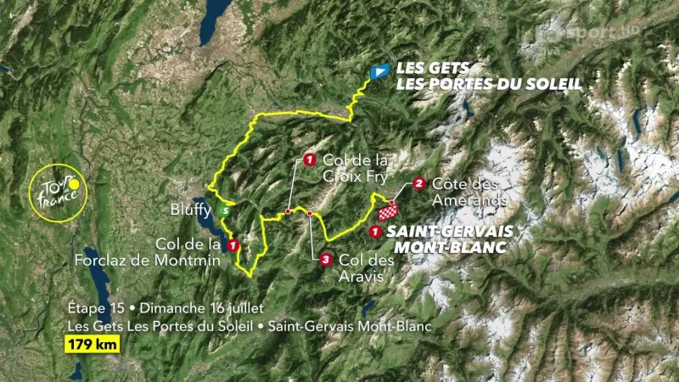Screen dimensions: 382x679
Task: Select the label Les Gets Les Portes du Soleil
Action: (489, 76)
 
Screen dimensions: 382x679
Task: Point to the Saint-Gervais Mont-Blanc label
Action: (443, 239)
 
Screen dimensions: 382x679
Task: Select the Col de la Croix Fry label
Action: (355, 168)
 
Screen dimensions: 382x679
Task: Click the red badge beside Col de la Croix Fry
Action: (309, 159)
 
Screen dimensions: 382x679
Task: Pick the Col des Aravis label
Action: (366, 268)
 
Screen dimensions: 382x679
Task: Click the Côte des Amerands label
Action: (469, 191)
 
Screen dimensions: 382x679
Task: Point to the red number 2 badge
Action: (419, 183)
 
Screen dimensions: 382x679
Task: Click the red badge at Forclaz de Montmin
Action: (233, 245)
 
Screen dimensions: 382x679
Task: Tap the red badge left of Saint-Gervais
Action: (375, 231)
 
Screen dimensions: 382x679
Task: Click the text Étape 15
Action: (96, 307)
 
